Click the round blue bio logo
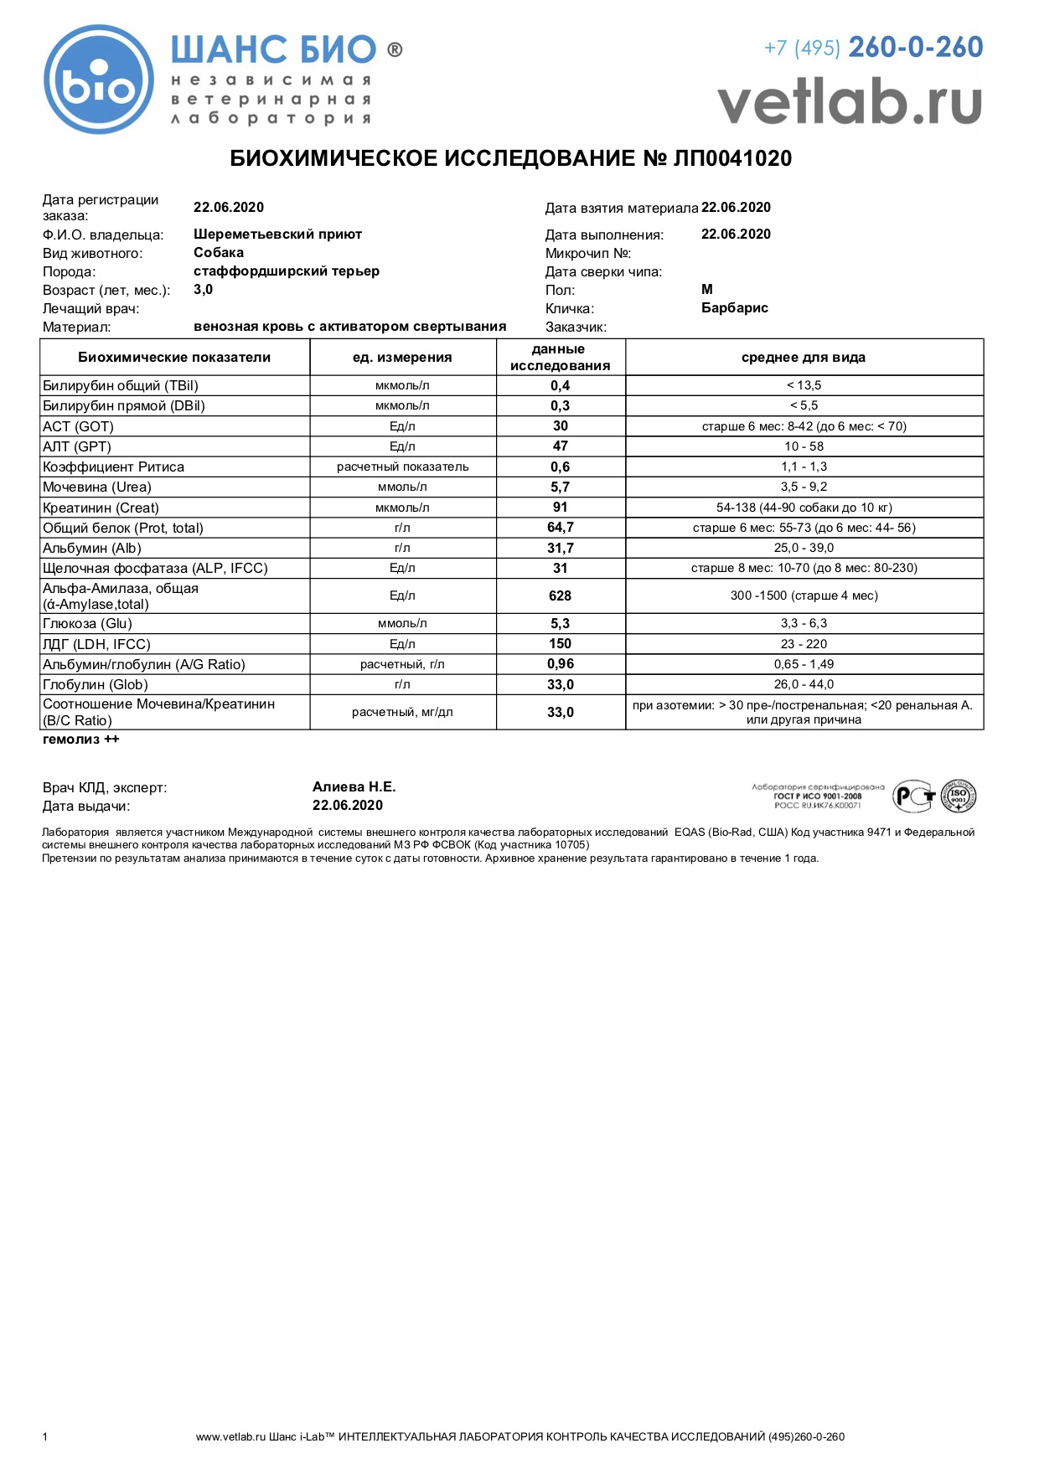99,80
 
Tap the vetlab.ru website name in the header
849,101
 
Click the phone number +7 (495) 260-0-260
873,48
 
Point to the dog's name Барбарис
734,308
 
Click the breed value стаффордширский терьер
287,271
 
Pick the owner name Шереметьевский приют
277,235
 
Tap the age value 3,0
203,290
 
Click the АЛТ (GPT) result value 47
560,446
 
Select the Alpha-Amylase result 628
560,596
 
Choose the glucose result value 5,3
560,624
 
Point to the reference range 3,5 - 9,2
804,487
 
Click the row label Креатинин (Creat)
101,508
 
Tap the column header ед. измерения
402,358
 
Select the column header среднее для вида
803,358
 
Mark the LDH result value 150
560,644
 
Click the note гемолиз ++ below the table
81,740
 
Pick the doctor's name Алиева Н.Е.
354,787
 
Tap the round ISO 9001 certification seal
958,796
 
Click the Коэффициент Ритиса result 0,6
560,467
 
